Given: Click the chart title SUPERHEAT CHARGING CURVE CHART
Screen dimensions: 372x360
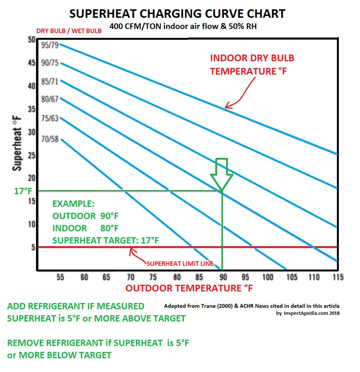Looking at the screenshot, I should click(177, 14).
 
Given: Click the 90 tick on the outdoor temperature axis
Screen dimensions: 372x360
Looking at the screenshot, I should click(222, 277).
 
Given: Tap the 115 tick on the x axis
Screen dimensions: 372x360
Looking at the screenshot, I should click(337, 277).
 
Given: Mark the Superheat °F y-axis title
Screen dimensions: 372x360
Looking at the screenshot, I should click(17, 143).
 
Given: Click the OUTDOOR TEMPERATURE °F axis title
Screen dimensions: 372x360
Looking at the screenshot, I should click(189, 288).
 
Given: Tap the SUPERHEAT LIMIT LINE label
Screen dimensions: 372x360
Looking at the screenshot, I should click(180, 264).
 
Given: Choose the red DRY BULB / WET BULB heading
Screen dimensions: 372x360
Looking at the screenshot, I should click(69, 31).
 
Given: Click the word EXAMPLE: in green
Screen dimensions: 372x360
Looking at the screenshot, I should click(73, 204).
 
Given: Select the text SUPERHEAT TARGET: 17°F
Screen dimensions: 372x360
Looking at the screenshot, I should click(106, 240).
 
